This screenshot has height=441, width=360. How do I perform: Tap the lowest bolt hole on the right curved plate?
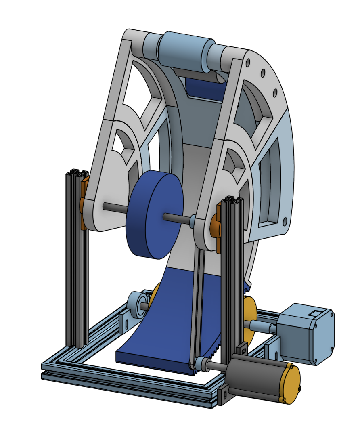(285, 221)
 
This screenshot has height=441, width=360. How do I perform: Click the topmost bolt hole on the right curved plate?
(248, 62)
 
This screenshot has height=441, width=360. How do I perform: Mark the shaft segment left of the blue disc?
(115, 207)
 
